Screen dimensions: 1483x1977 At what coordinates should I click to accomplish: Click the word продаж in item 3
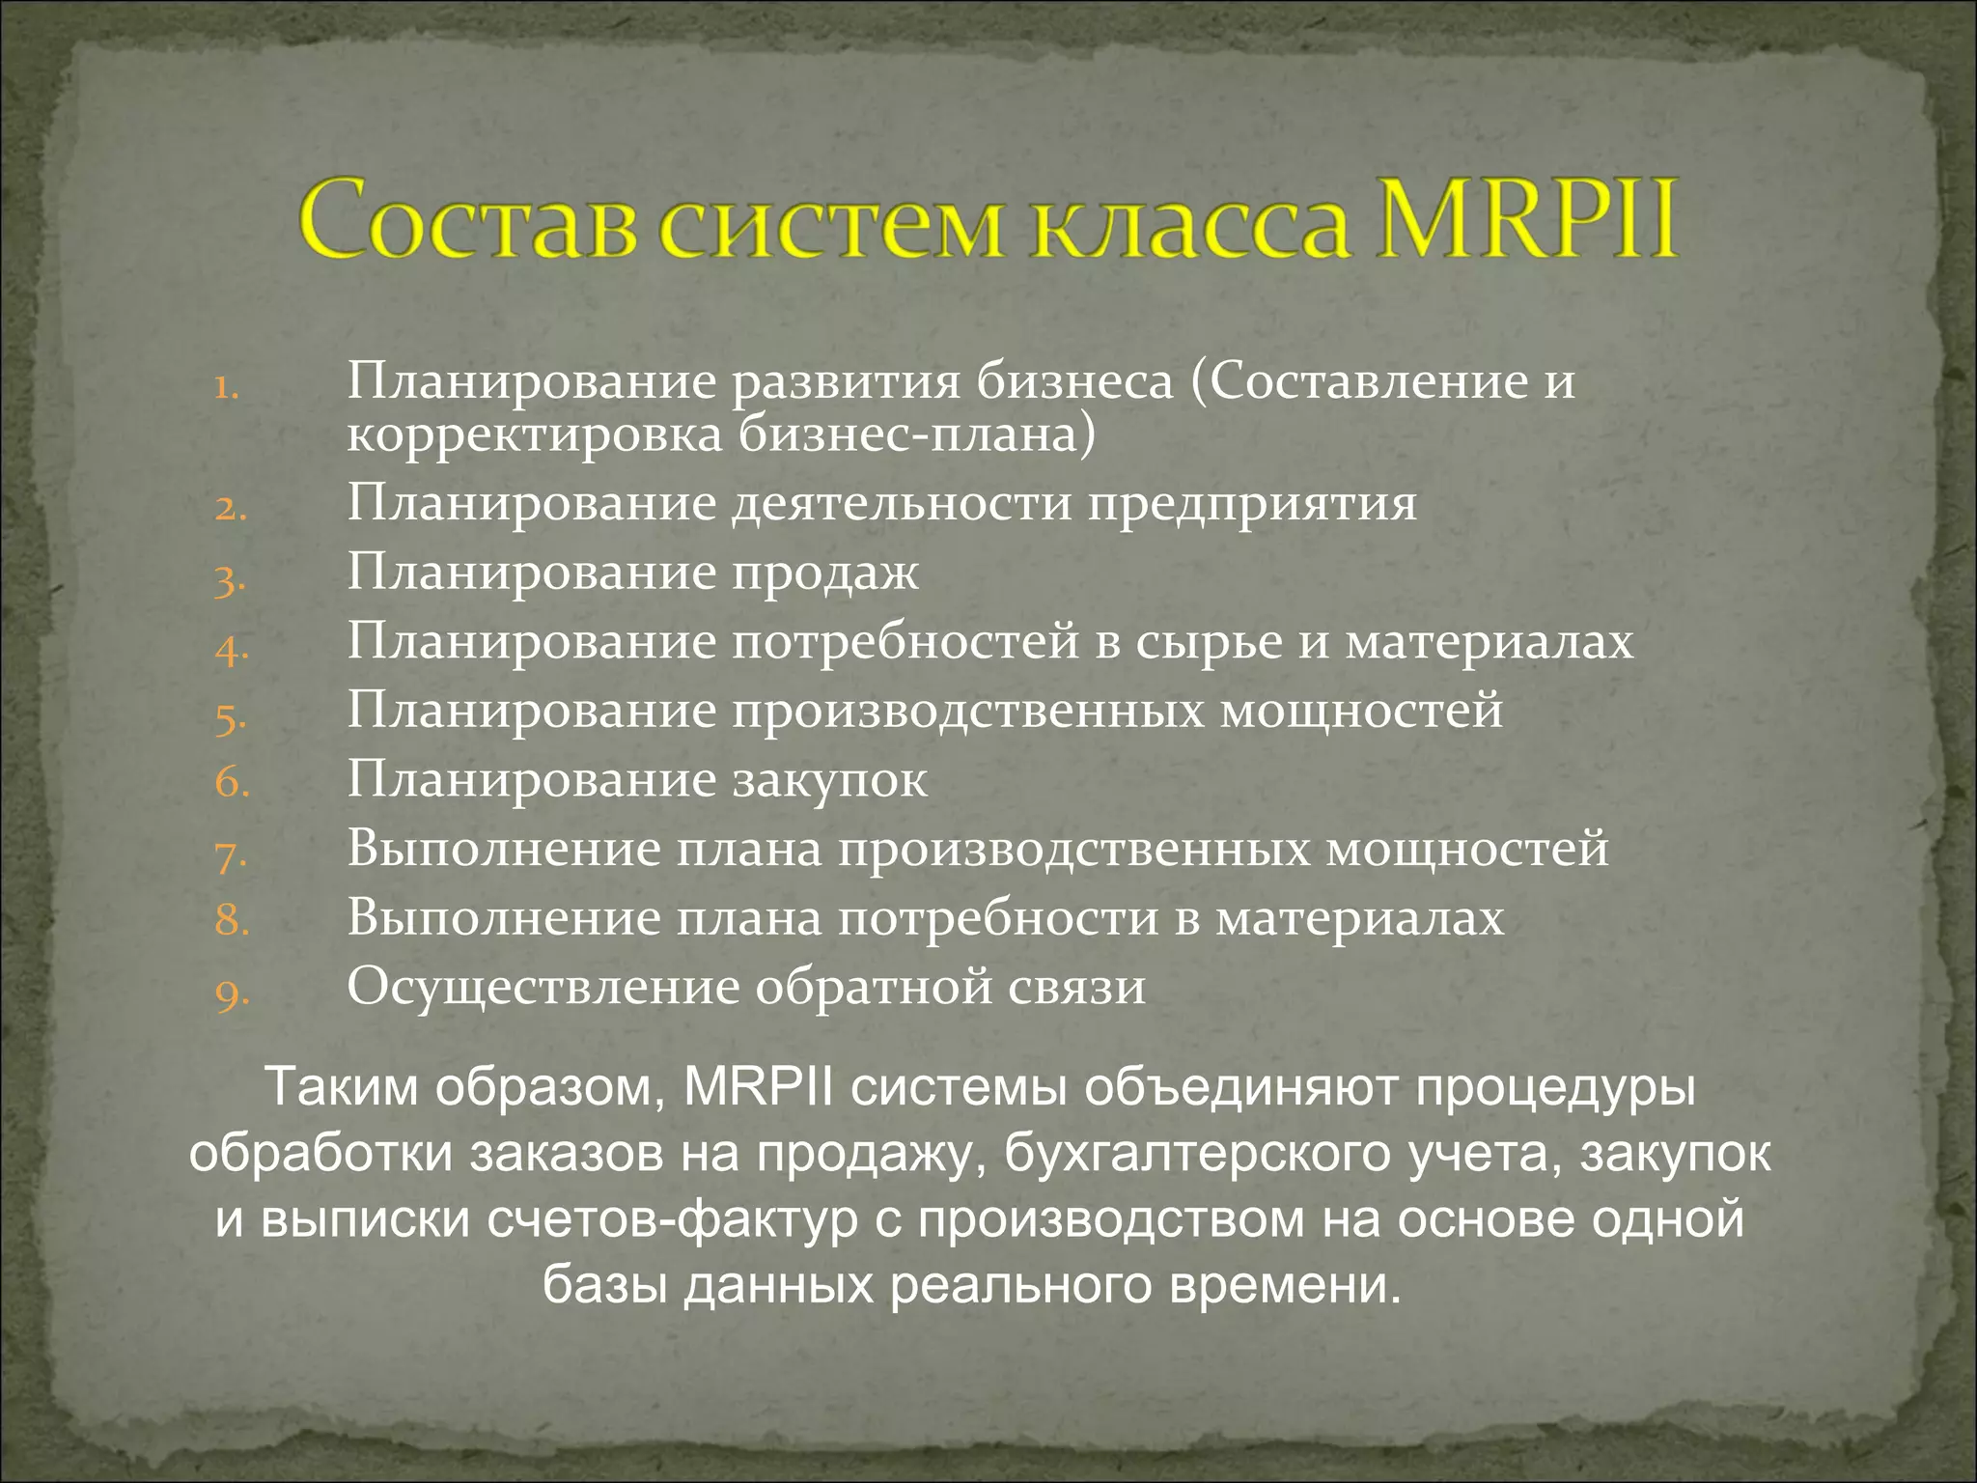tap(824, 574)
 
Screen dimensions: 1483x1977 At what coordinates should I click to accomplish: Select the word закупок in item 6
tap(829, 780)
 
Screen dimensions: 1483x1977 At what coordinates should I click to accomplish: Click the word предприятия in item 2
tap(1252, 504)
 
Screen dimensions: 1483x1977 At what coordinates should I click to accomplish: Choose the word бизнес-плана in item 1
tap(918, 434)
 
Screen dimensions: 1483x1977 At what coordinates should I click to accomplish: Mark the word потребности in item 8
tap(997, 918)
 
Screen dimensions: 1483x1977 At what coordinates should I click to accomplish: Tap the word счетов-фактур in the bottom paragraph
tap(673, 1218)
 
